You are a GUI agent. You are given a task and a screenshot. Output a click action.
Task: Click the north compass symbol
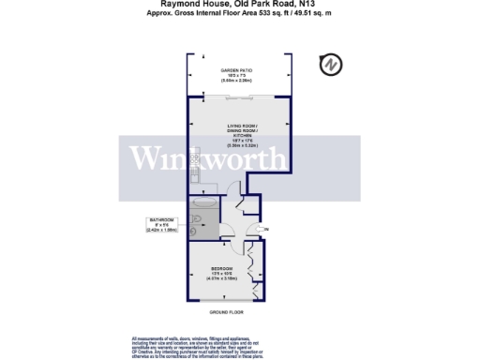pyautogui.click(x=331, y=65)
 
